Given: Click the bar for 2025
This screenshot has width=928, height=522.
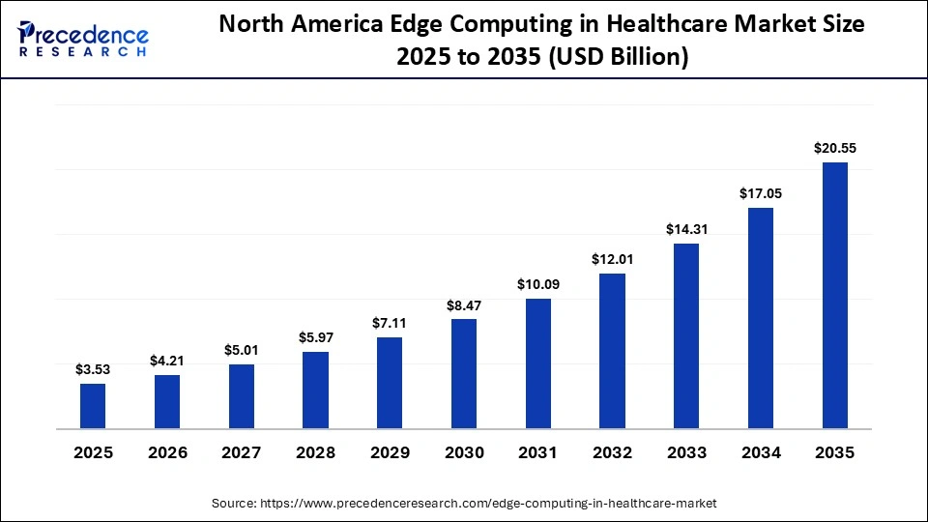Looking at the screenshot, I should click(93, 406).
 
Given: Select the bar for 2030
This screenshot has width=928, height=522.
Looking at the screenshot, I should click(464, 374).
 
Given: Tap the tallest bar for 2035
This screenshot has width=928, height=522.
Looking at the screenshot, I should click(835, 296).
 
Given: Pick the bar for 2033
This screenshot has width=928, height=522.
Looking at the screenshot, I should click(686, 336).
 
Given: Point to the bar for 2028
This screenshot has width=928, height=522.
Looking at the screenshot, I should click(315, 391).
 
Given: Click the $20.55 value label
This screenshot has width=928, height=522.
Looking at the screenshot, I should click(835, 149).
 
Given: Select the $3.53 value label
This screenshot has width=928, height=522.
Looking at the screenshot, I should click(93, 369).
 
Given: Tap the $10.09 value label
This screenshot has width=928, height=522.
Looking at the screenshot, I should click(538, 284).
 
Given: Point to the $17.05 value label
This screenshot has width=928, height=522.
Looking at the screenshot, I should click(761, 193).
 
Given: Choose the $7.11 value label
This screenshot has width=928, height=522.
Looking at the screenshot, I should click(390, 323).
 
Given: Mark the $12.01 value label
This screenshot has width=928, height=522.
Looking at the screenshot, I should click(612, 259).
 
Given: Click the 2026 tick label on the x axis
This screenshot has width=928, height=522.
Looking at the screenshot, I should click(167, 452).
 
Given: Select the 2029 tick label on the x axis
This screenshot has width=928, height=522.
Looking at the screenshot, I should click(390, 452).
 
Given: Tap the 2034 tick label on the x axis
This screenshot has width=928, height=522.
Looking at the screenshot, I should click(761, 452).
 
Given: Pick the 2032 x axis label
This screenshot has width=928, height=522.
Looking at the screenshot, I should click(612, 452).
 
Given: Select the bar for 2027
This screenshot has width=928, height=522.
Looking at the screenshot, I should click(242, 396).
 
